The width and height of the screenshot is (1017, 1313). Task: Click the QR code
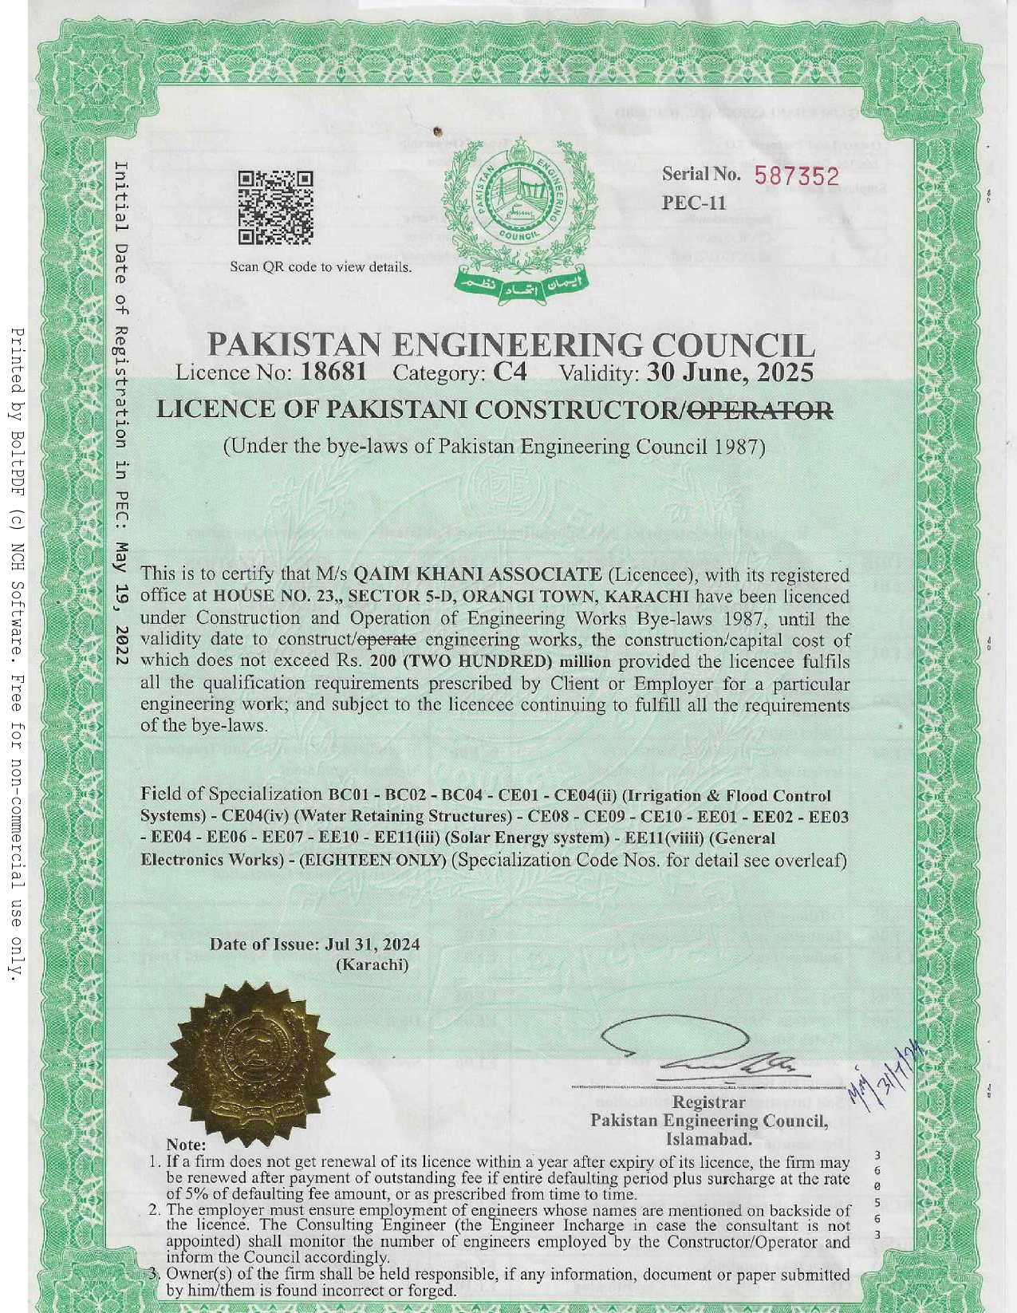pos(275,207)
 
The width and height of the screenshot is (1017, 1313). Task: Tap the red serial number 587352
pos(797,176)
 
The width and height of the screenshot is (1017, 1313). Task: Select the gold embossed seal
pos(252,1062)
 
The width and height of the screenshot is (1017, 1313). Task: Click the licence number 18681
pos(333,372)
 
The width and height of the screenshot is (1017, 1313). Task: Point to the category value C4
pos(510,372)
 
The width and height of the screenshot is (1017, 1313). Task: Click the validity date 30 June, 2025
pos(730,372)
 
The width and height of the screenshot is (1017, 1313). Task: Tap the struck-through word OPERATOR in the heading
pos(760,410)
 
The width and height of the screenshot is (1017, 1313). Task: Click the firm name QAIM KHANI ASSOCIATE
pos(477,574)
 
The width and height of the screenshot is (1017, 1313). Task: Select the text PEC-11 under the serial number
pos(694,203)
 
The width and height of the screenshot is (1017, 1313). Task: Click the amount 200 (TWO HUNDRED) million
pos(491,661)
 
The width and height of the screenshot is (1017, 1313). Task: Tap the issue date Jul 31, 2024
pos(373,944)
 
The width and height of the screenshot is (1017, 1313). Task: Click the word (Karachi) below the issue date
pos(372,964)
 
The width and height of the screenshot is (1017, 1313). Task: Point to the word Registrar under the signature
pos(708,1102)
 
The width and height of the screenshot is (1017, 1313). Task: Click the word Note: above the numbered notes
pos(186,1145)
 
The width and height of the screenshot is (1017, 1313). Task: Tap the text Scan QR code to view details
pos(321,267)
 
